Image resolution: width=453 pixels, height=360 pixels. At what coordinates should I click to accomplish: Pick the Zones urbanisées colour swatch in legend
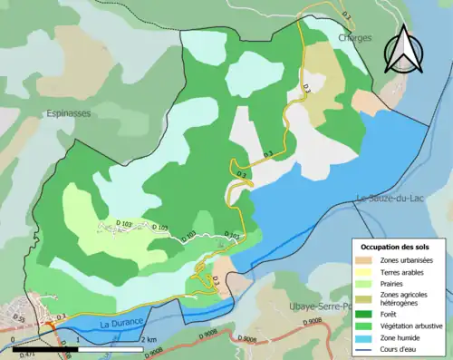point(363,260)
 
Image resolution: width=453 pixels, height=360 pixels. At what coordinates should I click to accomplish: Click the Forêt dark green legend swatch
point(363,314)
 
